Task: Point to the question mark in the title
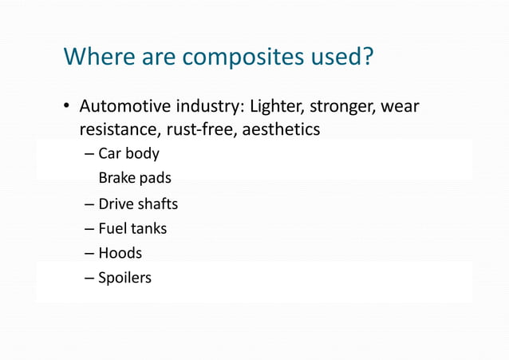(369, 57)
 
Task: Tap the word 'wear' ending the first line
(401, 107)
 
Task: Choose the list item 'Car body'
(128, 153)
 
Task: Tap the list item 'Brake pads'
(135, 178)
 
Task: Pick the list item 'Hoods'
(120, 253)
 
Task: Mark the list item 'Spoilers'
(124, 279)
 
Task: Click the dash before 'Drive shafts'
(89, 204)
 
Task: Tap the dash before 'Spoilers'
(89, 279)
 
